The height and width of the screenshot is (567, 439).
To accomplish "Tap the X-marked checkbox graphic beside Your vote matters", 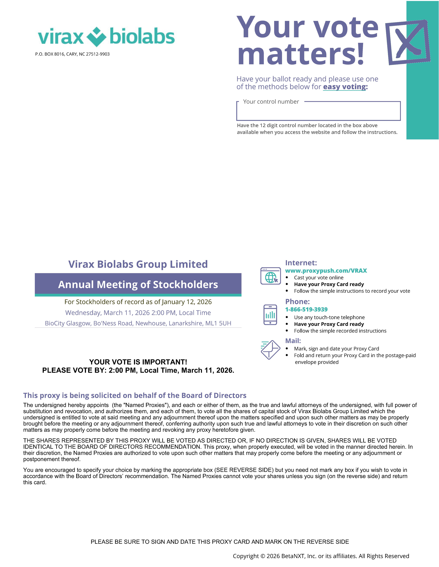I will tap(408, 42).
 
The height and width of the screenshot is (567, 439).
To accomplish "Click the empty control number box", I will tap(318, 112).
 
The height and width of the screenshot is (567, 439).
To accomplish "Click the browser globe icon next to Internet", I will tap(271, 276).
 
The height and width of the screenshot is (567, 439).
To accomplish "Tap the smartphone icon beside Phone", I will tap(270, 315).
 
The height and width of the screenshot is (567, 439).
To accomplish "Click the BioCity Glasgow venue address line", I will tap(138, 323).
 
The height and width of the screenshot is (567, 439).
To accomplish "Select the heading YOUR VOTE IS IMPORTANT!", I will tap(138, 362).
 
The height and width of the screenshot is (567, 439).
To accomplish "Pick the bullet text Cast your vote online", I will tap(319, 278).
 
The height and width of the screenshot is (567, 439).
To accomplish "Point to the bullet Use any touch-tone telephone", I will tap(329, 317).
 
